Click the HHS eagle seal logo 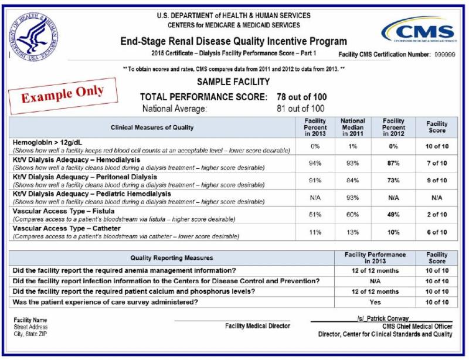tap(33, 36)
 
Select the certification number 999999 tap(446, 54)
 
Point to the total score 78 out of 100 tap(302, 97)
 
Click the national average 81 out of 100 tap(300, 108)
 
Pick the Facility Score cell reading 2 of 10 tap(436, 215)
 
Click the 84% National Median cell tap(352, 181)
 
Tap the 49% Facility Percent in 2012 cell tap(393, 215)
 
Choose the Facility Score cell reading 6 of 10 tap(436, 232)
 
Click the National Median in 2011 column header tap(352, 127)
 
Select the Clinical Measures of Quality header tap(152, 127)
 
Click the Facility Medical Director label tap(257, 326)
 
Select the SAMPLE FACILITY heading tap(233, 82)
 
